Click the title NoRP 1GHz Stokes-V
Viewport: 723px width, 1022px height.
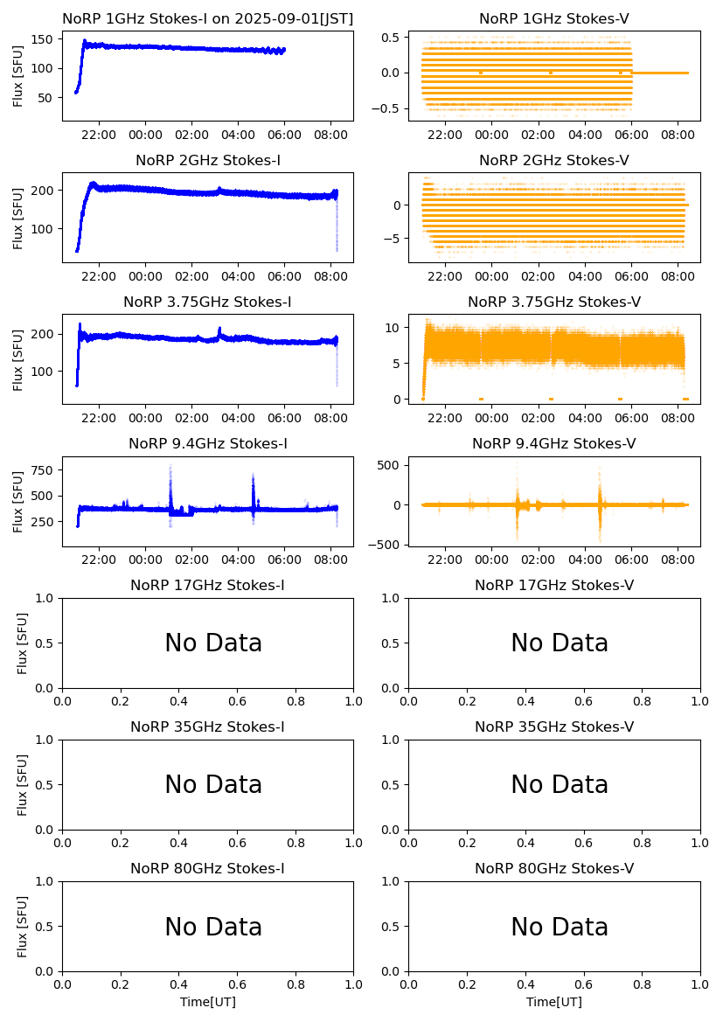pyautogui.click(x=554, y=19)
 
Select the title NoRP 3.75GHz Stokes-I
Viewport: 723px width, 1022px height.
pyautogui.click(x=207, y=302)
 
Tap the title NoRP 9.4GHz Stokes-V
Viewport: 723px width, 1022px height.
pyautogui.click(x=554, y=444)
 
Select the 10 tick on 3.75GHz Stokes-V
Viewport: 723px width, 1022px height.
pyautogui.click(x=393, y=328)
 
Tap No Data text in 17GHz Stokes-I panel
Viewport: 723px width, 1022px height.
pyautogui.click(x=213, y=643)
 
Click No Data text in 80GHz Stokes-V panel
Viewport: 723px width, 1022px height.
pyautogui.click(x=560, y=927)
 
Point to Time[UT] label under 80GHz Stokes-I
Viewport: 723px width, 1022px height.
pyautogui.click(x=208, y=1002)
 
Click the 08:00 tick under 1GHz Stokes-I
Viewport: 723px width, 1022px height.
pyautogui.click(x=331, y=135)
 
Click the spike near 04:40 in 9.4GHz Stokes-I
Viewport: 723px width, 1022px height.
pyautogui.click(x=253, y=478)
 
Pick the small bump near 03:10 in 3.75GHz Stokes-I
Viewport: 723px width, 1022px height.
pyautogui.click(x=219, y=330)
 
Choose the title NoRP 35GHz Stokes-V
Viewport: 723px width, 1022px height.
pyautogui.click(x=554, y=727)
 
